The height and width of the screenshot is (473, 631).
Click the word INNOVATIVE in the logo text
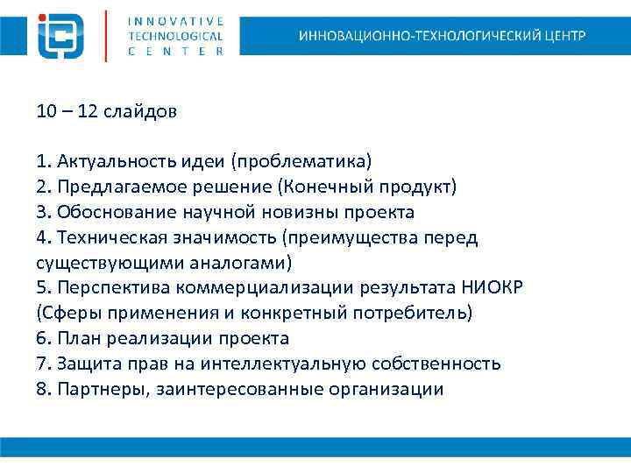(x=175, y=20)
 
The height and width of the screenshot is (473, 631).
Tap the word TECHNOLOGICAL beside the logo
(x=175, y=36)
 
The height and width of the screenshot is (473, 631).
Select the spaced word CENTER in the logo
(x=175, y=51)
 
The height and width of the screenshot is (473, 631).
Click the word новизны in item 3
(x=323, y=213)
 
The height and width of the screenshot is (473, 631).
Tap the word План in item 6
(x=74, y=339)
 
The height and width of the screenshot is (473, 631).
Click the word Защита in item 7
(x=83, y=364)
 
